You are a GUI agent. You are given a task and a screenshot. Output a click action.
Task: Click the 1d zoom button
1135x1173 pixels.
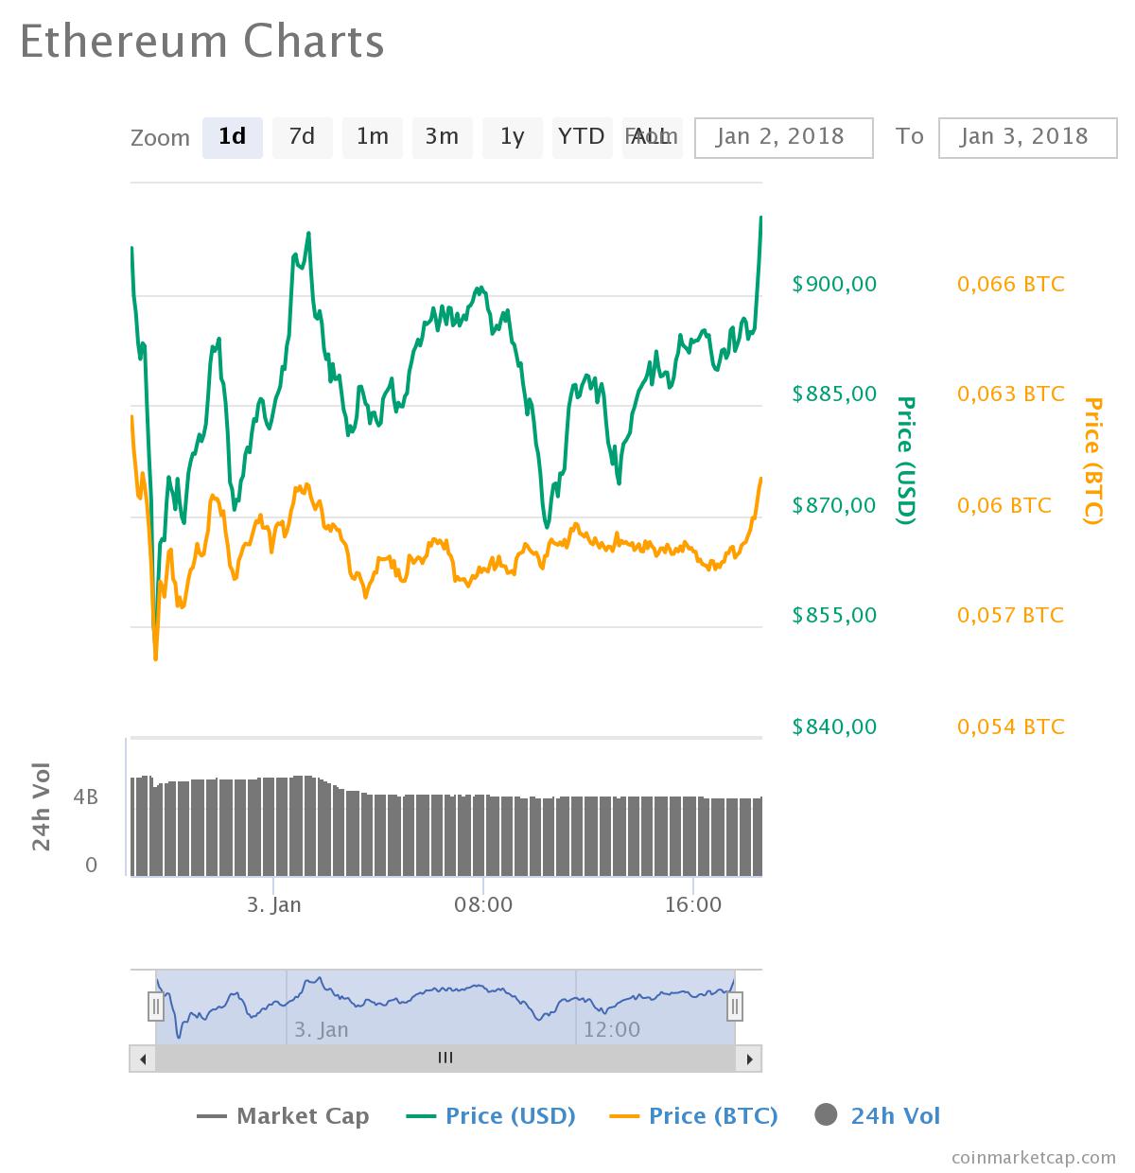point(232,137)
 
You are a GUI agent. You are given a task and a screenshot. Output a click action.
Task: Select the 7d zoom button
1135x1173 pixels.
point(302,137)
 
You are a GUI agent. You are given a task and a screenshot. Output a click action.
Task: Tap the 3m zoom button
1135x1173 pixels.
point(442,137)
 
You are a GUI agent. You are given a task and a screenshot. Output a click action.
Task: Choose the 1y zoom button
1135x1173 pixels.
point(512,137)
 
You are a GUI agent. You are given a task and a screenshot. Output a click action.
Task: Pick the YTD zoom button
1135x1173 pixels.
point(581,137)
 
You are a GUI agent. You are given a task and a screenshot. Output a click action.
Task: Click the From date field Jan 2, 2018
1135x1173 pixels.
point(782,137)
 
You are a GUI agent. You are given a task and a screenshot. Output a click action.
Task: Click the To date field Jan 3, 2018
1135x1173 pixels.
point(1026,137)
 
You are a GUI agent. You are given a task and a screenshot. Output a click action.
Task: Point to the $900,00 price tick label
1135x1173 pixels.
point(834,284)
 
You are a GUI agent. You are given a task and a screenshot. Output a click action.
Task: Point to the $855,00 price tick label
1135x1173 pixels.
point(834,616)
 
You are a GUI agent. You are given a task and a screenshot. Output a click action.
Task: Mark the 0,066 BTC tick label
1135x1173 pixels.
point(1010,284)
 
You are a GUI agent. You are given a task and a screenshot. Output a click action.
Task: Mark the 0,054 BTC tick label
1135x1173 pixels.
point(1010,727)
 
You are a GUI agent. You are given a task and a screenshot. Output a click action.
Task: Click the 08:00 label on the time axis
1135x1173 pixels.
point(483,904)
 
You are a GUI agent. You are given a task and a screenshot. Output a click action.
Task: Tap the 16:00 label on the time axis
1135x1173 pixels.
point(693,904)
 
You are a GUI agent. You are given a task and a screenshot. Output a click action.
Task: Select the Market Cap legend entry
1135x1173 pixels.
point(283,1116)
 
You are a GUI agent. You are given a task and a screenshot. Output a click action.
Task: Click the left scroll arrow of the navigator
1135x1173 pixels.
point(143,1059)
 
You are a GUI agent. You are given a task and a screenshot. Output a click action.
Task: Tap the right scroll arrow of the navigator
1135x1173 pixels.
point(748,1059)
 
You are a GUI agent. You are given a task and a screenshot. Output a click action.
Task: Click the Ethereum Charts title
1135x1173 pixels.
point(201,42)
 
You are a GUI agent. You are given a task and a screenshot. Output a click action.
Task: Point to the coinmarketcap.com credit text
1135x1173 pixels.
point(1034,1157)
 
